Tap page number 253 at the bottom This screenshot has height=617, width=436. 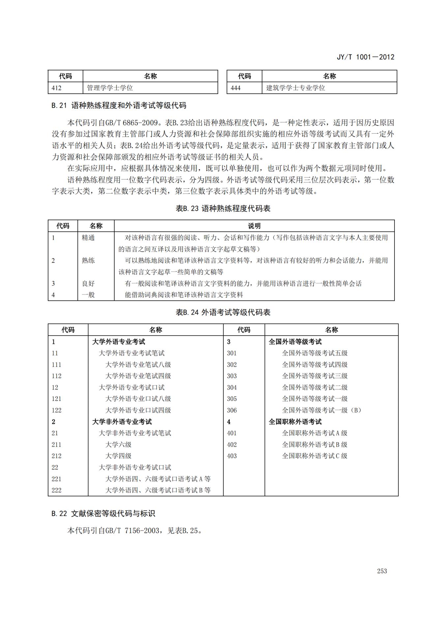coord(382,571)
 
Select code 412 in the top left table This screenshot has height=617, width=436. coord(56,88)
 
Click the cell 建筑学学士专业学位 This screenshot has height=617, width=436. coord(296,88)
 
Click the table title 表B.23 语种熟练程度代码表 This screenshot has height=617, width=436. coord(223,208)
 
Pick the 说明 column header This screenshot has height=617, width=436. coord(254,226)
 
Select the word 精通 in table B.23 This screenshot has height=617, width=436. coord(88,238)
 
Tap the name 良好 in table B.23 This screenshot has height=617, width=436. coord(88,284)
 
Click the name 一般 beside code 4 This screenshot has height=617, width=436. coord(88,295)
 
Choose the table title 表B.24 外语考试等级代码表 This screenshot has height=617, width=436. coord(223,312)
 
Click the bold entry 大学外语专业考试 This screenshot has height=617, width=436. coord(119,342)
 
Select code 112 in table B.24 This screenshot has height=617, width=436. coord(56,376)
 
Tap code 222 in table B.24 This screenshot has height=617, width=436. coord(56,490)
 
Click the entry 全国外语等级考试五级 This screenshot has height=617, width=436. coord(315,353)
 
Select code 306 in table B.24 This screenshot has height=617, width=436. coord(232,410)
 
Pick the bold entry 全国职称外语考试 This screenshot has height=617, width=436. coord(295,422)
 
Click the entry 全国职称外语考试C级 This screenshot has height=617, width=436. coord(315,456)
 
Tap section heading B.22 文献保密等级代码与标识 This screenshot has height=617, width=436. coord(103,513)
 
